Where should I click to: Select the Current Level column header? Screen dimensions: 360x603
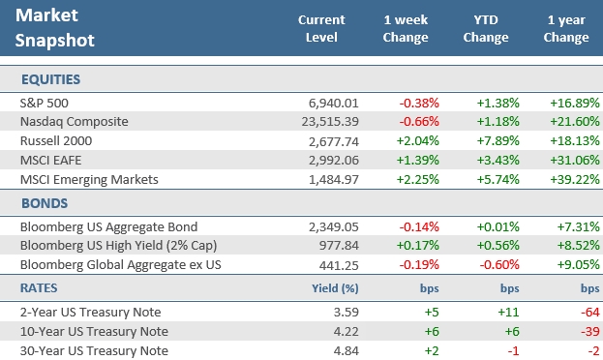pyautogui.click(x=322, y=29)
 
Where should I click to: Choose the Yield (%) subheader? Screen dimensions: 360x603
pyautogui.click(x=335, y=287)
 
